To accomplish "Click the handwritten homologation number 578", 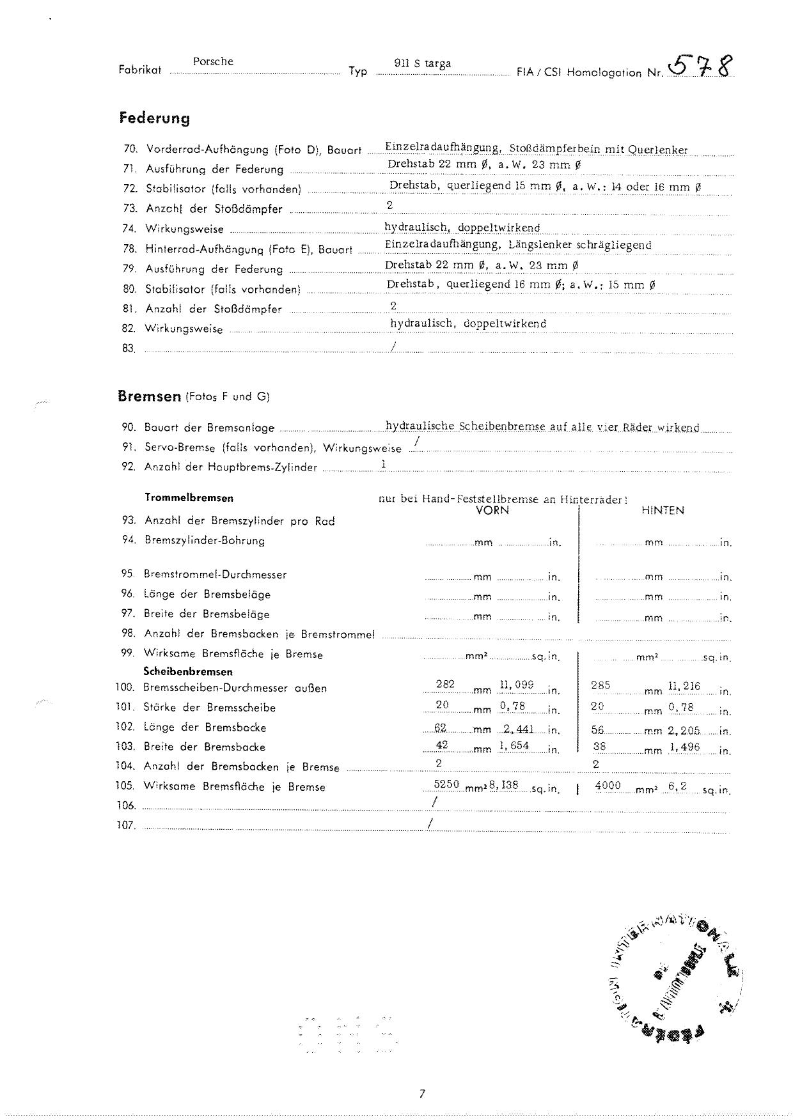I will pyautogui.click(x=700, y=66).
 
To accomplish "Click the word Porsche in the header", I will pyautogui.click(x=213, y=61).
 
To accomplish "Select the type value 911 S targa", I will pyautogui.click(x=423, y=63).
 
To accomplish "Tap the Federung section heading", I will pyautogui.click(x=155, y=118).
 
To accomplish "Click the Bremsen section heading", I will pyautogui.click(x=150, y=396).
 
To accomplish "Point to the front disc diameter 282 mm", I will pyautogui.click(x=445, y=684).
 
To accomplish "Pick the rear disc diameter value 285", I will pyautogui.click(x=601, y=685).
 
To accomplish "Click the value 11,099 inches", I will pyautogui.click(x=516, y=684).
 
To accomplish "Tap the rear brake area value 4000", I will pyautogui.click(x=608, y=785).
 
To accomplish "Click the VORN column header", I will pyautogui.click(x=492, y=510).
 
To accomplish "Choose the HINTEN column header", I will pyautogui.click(x=663, y=510).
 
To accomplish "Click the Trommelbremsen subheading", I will pyautogui.click(x=189, y=497).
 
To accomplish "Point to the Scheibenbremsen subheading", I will pyautogui.click(x=188, y=671).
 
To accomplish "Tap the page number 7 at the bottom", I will pyautogui.click(x=422, y=1094).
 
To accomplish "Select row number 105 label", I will pyautogui.click(x=125, y=786).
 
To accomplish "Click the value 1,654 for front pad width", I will pyautogui.click(x=514, y=745).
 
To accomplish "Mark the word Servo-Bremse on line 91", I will pyautogui.click(x=180, y=447).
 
